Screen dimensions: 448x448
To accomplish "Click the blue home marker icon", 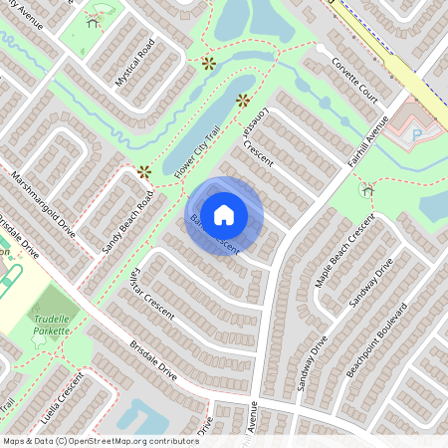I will [224, 214].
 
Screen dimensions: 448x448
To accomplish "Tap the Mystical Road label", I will [136, 64].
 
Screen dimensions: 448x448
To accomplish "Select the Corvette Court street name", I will [353, 81].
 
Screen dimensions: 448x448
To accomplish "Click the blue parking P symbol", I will [418, 131].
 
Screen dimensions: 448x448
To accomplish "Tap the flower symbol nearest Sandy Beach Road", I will [144, 172].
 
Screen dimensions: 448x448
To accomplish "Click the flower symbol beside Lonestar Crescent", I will [243, 100].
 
